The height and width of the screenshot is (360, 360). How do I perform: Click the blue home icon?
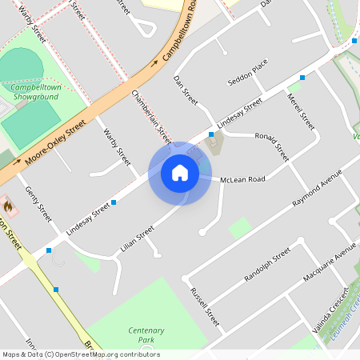point(180,173)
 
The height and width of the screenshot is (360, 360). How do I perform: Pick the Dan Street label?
point(186,90)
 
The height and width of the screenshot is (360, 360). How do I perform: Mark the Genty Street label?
point(38,204)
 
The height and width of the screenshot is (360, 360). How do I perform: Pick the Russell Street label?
point(204,306)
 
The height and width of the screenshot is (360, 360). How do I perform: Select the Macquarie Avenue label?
point(329,265)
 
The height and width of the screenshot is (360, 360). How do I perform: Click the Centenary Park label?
point(146,335)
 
